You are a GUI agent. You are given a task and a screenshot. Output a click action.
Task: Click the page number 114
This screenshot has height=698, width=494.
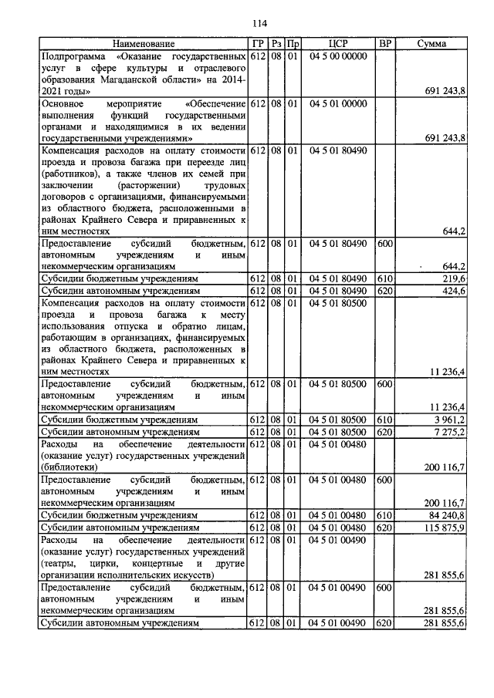click(x=246, y=22)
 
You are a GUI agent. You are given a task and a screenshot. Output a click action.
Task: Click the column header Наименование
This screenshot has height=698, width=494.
click(x=143, y=44)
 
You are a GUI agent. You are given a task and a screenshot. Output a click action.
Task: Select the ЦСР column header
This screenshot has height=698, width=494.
click(x=338, y=44)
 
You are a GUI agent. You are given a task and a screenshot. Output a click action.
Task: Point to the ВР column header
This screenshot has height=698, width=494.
click(x=384, y=44)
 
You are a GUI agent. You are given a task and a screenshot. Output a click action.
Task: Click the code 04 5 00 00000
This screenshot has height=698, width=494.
click(x=338, y=56)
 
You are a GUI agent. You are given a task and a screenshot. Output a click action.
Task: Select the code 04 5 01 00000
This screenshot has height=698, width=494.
click(x=338, y=103)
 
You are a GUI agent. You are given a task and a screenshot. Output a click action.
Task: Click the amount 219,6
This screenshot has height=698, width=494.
click(x=452, y=278)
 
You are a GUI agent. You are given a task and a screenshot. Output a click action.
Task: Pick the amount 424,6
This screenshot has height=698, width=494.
click(x=452, y=291)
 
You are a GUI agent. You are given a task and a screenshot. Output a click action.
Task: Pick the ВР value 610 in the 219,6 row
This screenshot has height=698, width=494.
click(x=384, y=278)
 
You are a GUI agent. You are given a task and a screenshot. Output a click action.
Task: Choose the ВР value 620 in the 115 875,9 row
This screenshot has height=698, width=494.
click(x=384, y=527)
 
